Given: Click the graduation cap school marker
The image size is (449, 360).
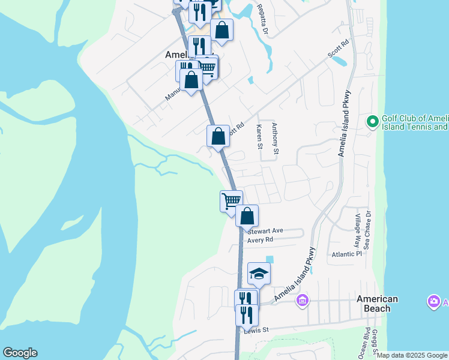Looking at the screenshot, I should coord(259,274).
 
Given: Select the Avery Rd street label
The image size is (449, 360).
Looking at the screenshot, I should coord(261,240).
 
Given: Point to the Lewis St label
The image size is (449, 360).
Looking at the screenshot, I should coord(256,330).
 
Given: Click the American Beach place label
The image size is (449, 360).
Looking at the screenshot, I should coord(377,304).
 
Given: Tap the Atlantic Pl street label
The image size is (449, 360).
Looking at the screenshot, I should coord(347,254).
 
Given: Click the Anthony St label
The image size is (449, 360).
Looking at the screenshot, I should coord(275,138).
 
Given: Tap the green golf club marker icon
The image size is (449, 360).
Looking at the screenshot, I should coord(372,122).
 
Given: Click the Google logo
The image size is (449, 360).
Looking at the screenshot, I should coord(20,353).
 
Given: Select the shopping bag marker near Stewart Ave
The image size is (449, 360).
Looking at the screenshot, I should coord(247,215).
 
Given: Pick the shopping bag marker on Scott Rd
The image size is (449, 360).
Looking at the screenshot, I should coord(218,136).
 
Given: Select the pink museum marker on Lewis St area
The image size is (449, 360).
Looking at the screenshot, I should coord(303,299).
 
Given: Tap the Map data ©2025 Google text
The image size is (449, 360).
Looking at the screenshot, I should coord(412,355).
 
